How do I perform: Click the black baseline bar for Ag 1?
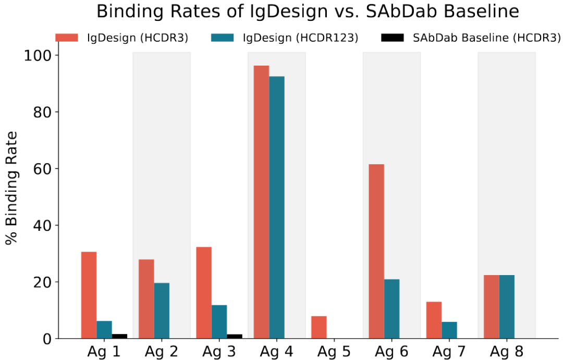coord(119,336)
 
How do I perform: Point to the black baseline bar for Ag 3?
coord(235,336)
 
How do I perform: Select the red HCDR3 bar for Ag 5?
coord(319,327)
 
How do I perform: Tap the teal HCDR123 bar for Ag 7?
coord(449,330)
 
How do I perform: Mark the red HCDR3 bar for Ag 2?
coord(146,299)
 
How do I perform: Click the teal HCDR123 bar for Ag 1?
coord(104,330)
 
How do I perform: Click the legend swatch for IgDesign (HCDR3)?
coord(66,38)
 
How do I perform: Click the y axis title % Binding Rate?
coord(12,188)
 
